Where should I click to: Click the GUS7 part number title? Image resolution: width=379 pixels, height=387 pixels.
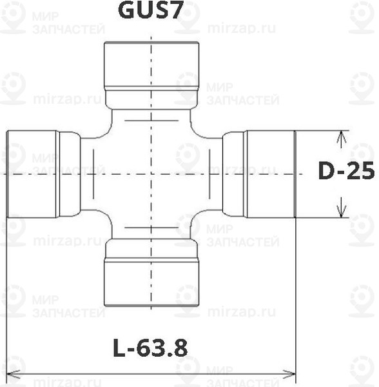click(150, 11)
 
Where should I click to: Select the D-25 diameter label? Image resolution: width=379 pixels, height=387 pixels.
click(347, 171)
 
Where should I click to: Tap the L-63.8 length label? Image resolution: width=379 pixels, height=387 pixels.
click(150, 348)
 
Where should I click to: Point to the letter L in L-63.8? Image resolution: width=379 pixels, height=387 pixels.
click(119, 348)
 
